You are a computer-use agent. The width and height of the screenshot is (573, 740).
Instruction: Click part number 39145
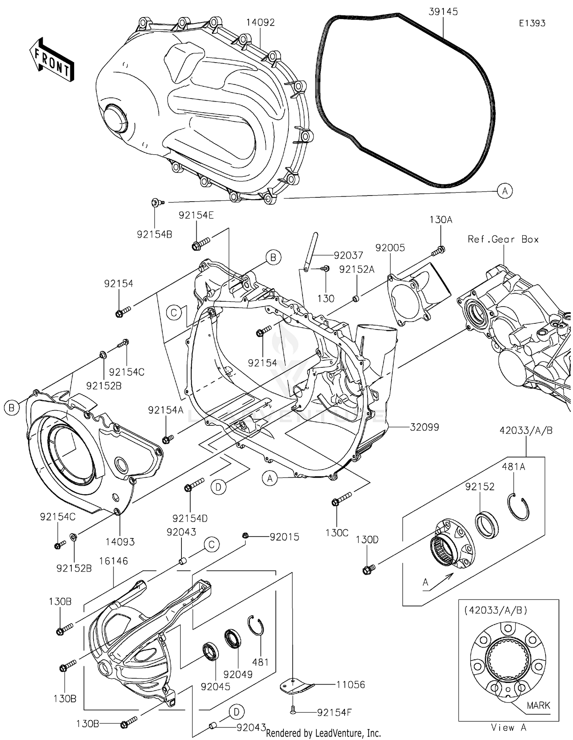tap(443, 12)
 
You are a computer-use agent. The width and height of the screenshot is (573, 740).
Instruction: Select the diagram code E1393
tap(532, 23)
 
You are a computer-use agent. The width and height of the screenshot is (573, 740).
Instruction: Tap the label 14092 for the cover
tap(260, 23)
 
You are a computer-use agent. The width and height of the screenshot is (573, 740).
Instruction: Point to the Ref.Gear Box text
tap(503, 239)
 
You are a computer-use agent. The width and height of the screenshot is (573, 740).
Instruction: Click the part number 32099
tap(424, 427)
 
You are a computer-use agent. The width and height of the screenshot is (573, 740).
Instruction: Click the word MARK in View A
tap(538, 705)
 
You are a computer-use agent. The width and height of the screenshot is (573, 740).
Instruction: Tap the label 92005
tap(390, 248)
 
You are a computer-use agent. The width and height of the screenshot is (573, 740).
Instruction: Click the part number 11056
tap(350, 685)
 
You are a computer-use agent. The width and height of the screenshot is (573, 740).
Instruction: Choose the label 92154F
tap(334, 713)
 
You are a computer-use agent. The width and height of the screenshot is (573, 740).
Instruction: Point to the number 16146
tap(113, 561)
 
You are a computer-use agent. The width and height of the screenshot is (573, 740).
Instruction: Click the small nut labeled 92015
tap(246, 536)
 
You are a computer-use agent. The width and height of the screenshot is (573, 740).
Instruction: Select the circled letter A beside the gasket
tap(505, 191)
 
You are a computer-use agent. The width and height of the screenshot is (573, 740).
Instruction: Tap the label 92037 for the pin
tap(348, 255)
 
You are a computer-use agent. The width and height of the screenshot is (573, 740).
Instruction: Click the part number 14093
tap(120, 541)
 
